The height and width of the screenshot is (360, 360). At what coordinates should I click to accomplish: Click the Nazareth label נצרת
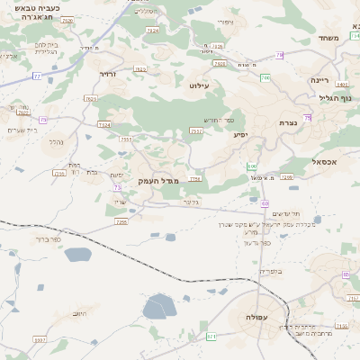pyautogui.click(x=287, y=122)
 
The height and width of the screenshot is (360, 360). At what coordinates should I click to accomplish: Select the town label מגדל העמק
pyautogui.click(x=159, y=181)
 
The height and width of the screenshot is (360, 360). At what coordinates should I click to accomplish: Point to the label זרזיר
pyautogui.click(x=107, y=74)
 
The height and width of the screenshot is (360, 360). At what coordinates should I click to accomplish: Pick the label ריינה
pyautogui.click(x=320, y=79)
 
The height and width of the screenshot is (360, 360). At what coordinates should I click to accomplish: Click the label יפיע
pyautogui.click(x=240, y=135)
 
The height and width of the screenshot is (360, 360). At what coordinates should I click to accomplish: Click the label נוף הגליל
pyautogui.click(x=341, y=97)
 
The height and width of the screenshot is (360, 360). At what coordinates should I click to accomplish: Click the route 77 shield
pyautogui.click(x=37, y=76)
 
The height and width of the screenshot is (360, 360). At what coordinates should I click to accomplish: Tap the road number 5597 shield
pyautogui.click(x=39, y=339)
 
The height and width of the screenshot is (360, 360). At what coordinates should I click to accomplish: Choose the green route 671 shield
pyautogui.click(x=212, y=337)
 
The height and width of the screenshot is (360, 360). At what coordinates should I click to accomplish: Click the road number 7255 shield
pyautogui.click(x=121, y=220)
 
